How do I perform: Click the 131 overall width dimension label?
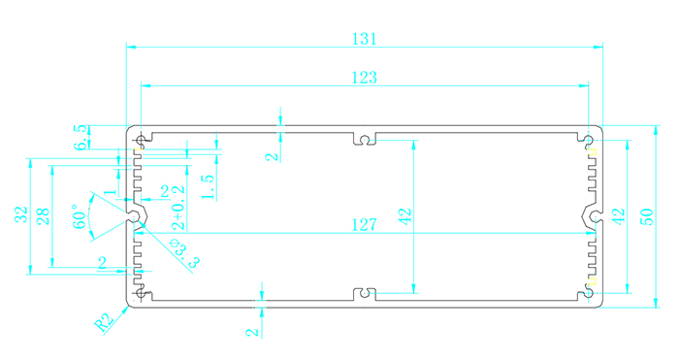coord(364,39)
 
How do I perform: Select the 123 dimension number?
coord(364,78)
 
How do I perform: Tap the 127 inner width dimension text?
coord(364,225)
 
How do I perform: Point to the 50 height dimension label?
coord(646,216)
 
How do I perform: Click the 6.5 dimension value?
coord(81,138)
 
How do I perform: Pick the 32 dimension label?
coord(21,214)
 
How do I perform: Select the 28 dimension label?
coord(43,216)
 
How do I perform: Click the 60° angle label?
coord(81,216)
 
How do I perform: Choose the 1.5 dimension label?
coord(209,186)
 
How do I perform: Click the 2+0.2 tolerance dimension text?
coord(178,208)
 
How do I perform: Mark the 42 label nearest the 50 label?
coord(619,216)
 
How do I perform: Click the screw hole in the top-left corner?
coord(141,141)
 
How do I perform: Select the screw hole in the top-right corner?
coord(588,140)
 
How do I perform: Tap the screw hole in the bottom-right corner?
coord(588,293)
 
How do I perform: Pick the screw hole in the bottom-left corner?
coord(141,293)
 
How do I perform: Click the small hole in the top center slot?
coord(365,140)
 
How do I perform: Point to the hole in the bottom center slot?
coord(365,293)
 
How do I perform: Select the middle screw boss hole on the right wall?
coord(596,216)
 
